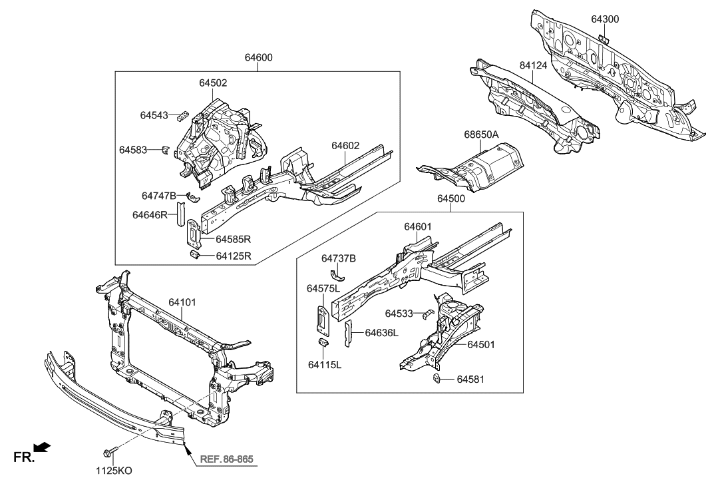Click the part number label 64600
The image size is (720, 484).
pyautogui.click(x=259, y=58)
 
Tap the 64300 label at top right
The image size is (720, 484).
pyautogui.click(x=604, y=19)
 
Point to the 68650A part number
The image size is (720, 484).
pyautogui.click(x=481, y=134)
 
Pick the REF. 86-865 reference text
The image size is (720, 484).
pyautogui.click(x=226, y=459)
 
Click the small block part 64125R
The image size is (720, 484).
pyautogui.click(x=196, y=255)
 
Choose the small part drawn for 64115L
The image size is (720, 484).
pyautogui.click(x=325, y=344)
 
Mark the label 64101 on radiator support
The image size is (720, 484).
pyautogui.click(x=184, y=302)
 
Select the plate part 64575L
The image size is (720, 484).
pyautogui.click(x=322, y=318)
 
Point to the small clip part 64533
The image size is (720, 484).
pyautogui.click(x=429, y=314)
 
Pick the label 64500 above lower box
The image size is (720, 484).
pyautogui.click(x=450, y=198)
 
